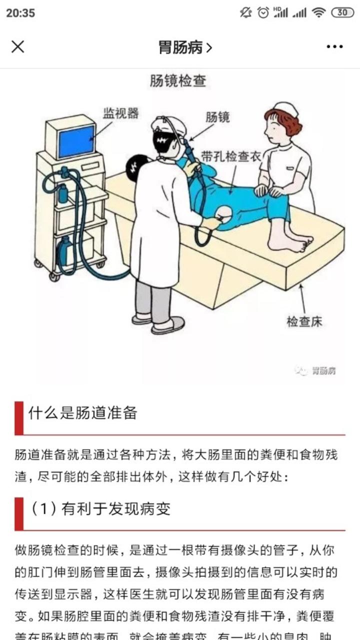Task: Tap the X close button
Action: [x=18, y=47]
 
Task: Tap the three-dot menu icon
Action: [x=334, y=47]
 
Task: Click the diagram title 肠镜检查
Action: [x=177, y=81]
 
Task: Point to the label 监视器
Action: [x=120, y=113]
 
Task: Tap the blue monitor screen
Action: [x=76, y=140]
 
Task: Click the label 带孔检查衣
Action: [x=231, y=156]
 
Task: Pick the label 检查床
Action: [x=304, y=321]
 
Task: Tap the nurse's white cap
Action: [x=286, y=108]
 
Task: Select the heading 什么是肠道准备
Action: [x=82, y=413]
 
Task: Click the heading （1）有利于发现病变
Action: [x=100, y=508]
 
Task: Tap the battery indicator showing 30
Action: [x=342, y=13]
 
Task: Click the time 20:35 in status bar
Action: [x=20, y=13]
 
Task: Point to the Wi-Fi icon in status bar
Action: [x=318, y=13]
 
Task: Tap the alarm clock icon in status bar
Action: [x=263, y=13]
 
